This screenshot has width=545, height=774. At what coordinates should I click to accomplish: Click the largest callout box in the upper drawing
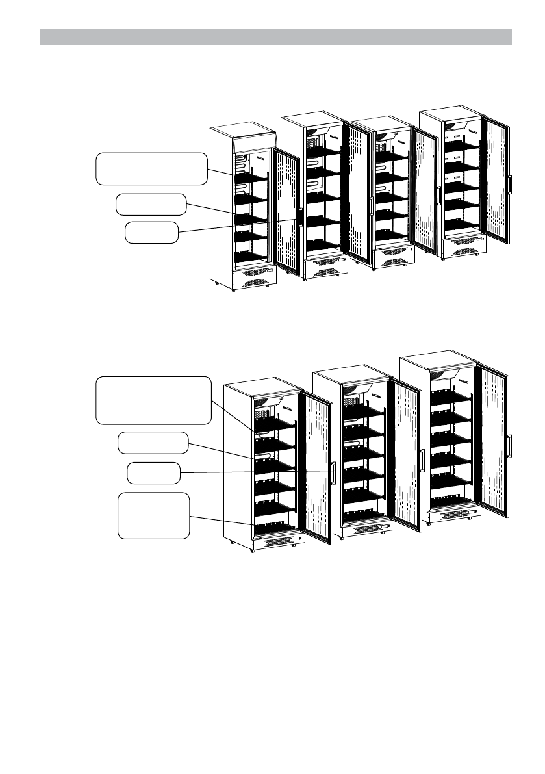(x=152, y=168)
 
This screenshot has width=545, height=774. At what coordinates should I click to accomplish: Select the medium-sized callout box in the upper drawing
(x=151, y=204)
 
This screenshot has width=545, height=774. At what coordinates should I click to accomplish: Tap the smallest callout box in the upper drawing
(x=151, y=233)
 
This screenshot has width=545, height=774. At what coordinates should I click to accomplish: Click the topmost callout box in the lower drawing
(x=153, y=400)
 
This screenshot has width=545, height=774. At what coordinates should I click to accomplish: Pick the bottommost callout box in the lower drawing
(x=153, y=515)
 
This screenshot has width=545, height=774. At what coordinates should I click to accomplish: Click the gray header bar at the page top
(x=276, y=37)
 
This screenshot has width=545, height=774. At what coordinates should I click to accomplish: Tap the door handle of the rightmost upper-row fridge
(x=511, y=185)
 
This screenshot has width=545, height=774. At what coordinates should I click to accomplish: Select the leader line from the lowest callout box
(x=221, y=521)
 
